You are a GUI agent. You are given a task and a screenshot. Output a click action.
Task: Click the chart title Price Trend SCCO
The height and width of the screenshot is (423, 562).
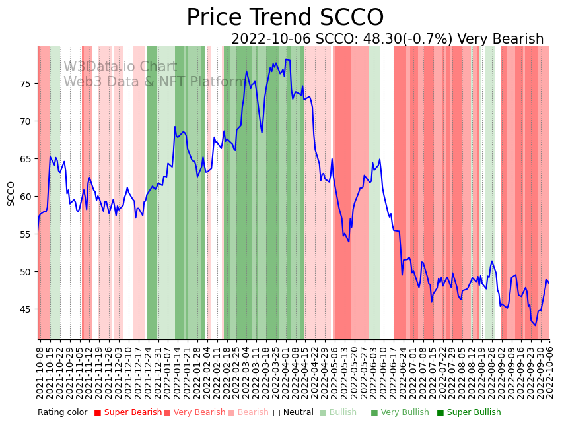[285, 18]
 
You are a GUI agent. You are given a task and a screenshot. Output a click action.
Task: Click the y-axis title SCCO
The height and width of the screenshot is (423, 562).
[11, 193]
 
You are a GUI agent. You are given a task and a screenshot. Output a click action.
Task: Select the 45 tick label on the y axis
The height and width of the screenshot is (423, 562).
[26, 309]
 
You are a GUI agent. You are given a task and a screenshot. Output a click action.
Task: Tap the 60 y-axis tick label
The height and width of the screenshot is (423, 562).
[26, 197]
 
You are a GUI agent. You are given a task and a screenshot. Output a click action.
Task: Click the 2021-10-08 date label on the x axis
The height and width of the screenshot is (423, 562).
[40, 374]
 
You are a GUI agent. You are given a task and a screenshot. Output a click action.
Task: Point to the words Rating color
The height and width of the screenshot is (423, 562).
[62, 413]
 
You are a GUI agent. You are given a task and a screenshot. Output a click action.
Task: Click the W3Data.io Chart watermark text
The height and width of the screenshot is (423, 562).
[120, 67]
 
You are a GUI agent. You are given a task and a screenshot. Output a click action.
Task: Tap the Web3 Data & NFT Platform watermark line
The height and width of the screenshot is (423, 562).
[154, 82]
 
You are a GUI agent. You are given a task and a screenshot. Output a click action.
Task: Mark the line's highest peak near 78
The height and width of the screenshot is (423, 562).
[286, 59]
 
